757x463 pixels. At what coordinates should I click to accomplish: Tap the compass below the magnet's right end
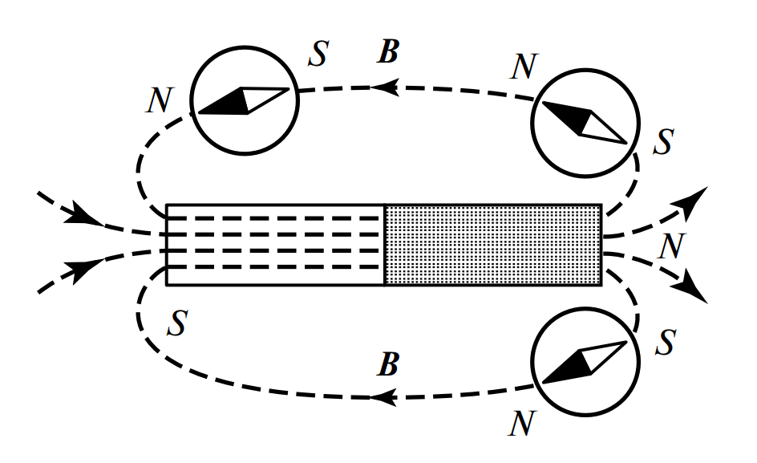click(x=586, y=361)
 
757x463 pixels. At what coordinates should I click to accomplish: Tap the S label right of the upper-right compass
click(x=662, y=143)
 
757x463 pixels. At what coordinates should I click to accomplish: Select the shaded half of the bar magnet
click(x=492, y=245)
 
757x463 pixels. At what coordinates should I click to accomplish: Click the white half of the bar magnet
click(x=275, y=245)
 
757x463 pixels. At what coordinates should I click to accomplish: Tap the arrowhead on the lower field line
click(x=385, y=396)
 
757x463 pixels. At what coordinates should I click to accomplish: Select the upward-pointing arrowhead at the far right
click(x=696, y=197)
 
